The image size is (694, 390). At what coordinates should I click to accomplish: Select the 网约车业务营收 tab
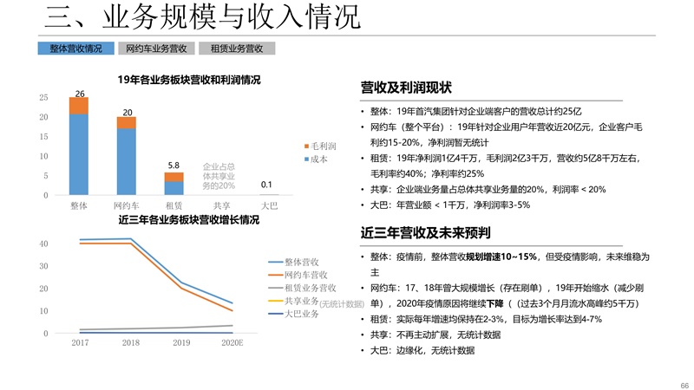coord(156,49)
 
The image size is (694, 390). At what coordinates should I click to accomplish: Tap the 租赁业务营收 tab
coord(236,49)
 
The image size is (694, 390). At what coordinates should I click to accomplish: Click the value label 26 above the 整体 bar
coord(79,93)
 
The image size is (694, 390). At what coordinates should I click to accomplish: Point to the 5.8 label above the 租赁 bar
coord(173,165)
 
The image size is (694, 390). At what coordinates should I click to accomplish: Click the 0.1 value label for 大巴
coord(267,185)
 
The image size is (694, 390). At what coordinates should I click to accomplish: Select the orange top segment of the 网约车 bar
coord(127,122)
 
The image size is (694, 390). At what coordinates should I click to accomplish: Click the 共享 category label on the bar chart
coord(221,206)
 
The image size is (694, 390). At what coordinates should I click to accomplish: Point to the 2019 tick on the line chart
coord(180,343)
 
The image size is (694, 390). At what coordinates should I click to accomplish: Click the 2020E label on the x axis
coord(232,343)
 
